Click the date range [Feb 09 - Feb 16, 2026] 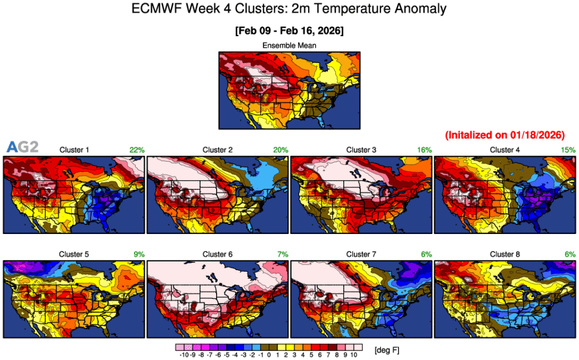pos(289,29)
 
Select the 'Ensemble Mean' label pos(289,45)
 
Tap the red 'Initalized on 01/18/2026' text pos(505,135)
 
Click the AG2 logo pos(22,148)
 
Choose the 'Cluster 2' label pos(218,150)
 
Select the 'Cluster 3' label pos(361,150)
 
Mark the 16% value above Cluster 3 pos(425,150)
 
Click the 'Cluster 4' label pos(505,150)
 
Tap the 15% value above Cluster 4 pos(568,150)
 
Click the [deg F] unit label pos(387,351)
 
